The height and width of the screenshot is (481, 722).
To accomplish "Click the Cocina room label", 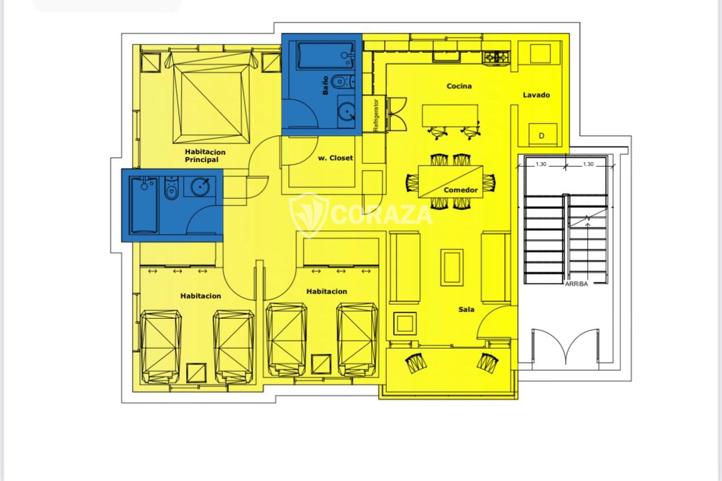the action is tap(459, 86).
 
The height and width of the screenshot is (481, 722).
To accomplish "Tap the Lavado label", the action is tap(536, 95).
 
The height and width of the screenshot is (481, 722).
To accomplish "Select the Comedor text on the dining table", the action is tap(461, 190).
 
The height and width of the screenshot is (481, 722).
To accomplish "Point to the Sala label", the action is tap(466, 309).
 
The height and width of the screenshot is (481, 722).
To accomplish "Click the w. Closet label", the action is tap(335, 158).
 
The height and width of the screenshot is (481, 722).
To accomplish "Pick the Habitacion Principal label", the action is tap(205, 156).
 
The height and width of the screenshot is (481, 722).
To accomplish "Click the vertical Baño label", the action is tap(325, 85).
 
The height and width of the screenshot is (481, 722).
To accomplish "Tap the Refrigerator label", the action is tap(376, 114).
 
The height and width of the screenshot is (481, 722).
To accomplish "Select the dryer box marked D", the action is tap(543, 134).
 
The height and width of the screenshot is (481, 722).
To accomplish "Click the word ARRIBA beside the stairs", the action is tap(576, 284).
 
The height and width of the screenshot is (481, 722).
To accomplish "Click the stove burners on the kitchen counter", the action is tap(496, 57).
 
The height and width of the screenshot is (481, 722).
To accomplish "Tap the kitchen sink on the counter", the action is tap(446, 57).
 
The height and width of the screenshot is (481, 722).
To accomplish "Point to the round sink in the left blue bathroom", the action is tap(200, 186).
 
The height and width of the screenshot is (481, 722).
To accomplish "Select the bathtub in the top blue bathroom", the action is tap(325, 55).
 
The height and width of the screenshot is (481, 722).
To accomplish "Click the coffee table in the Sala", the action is tap(452, 267).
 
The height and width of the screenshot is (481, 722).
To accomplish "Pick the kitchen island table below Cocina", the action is tap(450, 115).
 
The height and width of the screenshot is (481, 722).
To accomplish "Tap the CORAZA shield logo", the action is tap(309, 215).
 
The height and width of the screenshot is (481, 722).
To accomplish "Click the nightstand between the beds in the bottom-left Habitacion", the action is tap(196, 373).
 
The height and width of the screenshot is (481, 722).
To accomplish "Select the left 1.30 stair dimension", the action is tap(541, 164).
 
